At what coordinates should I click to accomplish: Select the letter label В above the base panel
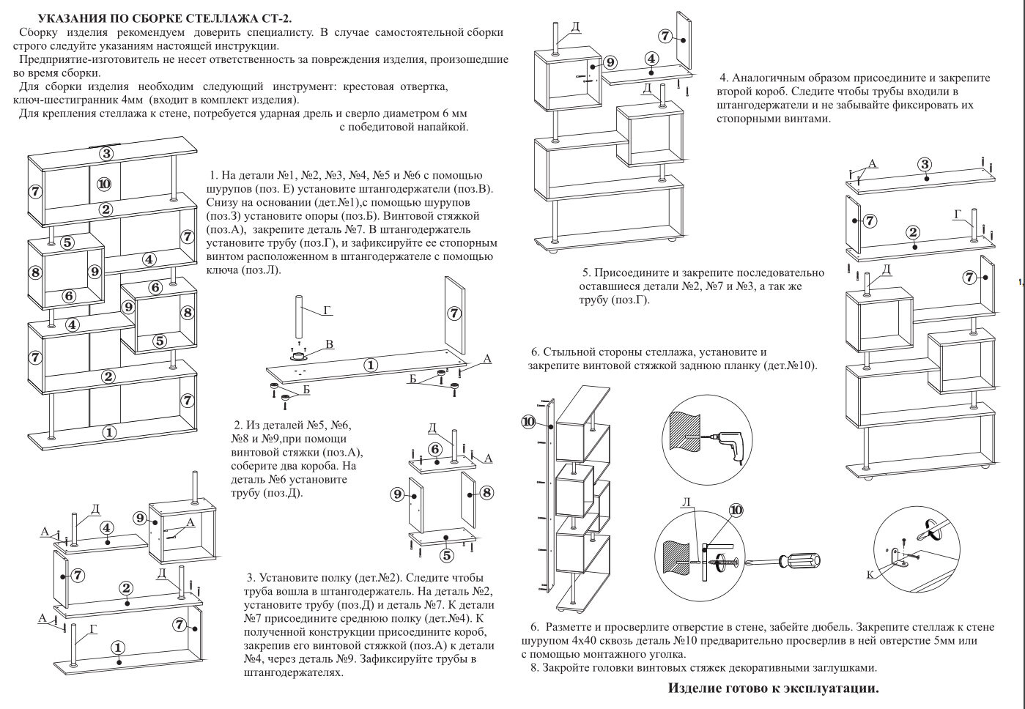329,344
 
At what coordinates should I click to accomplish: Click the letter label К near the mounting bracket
870,574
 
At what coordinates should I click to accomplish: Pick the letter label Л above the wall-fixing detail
686,502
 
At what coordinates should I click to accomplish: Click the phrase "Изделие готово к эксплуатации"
773,688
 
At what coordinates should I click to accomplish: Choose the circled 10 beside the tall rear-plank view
529,421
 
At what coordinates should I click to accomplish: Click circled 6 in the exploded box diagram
434,449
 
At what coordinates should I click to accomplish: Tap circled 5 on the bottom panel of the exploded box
446,540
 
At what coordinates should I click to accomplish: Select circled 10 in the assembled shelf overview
103,184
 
